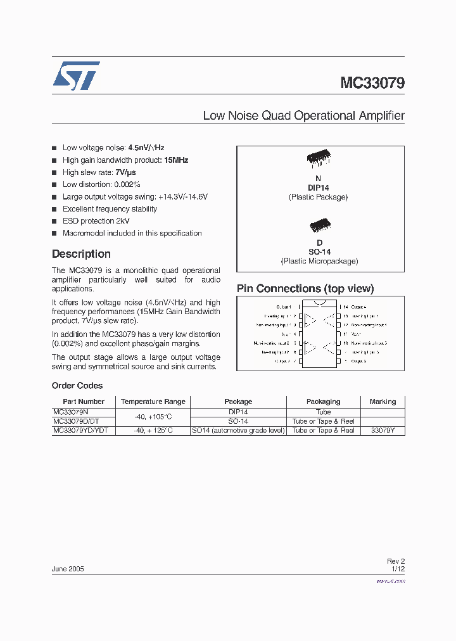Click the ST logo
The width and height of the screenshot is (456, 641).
pos(76,75)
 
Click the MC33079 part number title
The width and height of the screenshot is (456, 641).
pos(372,83)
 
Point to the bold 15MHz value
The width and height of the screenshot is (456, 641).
pos(176,160)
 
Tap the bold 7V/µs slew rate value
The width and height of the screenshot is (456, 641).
pos(125,172)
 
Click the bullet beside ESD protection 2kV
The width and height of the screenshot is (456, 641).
pos(54,221)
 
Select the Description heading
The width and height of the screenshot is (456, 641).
pos(81,254)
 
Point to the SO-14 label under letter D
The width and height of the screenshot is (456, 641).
pos(319,252)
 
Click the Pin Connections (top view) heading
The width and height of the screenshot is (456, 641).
pos(305,289)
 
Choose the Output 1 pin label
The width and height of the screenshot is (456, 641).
pos(284,307)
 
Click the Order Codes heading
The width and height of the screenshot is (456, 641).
pos(77,386)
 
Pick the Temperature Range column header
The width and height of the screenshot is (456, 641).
pos(153,402)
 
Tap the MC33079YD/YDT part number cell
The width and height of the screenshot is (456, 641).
pos(80,431)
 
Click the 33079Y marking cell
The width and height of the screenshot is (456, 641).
pos(383,431)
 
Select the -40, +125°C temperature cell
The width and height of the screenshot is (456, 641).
pos(153,431)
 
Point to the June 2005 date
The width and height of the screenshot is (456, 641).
pos(68,569)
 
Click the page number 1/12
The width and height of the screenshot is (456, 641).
pos(398,569)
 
